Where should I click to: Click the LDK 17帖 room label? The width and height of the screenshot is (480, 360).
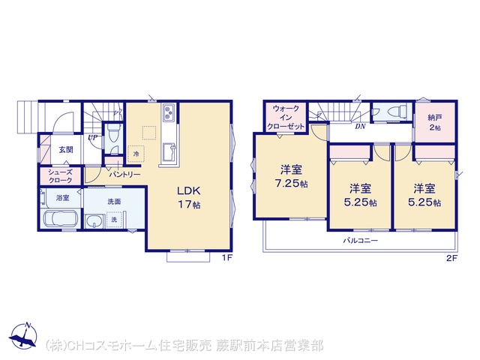[189, 197]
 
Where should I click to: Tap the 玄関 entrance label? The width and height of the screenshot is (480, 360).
[66, 150]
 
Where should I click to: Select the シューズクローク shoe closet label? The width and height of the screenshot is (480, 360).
[60, 176]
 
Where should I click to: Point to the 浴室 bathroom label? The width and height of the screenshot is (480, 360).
[62, 198]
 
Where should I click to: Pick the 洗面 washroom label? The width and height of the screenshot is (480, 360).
[114, 202]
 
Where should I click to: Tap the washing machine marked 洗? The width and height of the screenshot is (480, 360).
[114, 220]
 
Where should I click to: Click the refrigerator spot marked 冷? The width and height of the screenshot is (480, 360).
[136, 153]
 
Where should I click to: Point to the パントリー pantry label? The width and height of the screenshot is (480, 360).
[125, 175]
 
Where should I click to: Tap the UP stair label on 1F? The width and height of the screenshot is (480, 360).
[92, 138]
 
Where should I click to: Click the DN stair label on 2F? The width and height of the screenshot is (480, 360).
[360, 127]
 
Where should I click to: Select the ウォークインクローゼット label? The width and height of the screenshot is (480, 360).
[286, 117]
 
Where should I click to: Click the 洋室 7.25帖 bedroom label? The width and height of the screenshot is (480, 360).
[292, 176]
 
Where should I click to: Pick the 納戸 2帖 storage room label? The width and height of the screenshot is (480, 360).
[435, 122]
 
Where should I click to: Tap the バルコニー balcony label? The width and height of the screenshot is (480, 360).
[360, 240]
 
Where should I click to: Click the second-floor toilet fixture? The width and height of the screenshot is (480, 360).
[397, 111]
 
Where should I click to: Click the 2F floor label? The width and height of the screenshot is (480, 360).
[451, 258]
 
